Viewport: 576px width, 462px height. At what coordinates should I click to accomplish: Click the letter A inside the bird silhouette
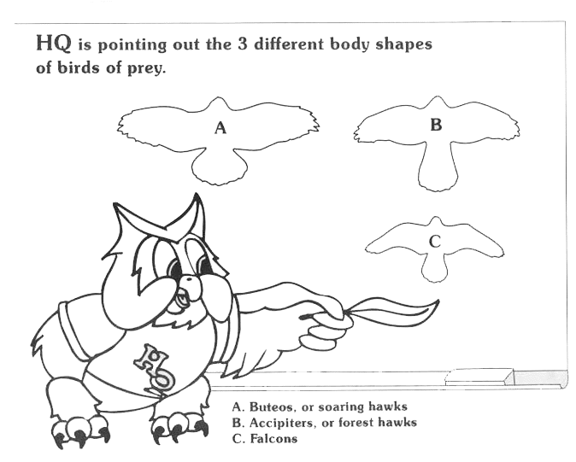(x=220, y=128)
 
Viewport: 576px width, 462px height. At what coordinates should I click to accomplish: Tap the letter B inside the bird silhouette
(x=436, y=125)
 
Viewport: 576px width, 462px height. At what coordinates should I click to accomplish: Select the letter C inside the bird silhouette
(x=435, y=242)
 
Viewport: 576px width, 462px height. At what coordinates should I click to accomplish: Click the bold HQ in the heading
(x=54, y=44)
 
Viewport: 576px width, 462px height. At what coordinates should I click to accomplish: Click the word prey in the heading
(x=147, y=68)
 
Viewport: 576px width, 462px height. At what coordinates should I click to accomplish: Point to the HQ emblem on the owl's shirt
(x=155, y=366)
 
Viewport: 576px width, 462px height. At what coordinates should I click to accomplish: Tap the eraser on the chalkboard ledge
(x=479, y=377)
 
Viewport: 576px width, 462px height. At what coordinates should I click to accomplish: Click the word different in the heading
(x=289, y=44)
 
